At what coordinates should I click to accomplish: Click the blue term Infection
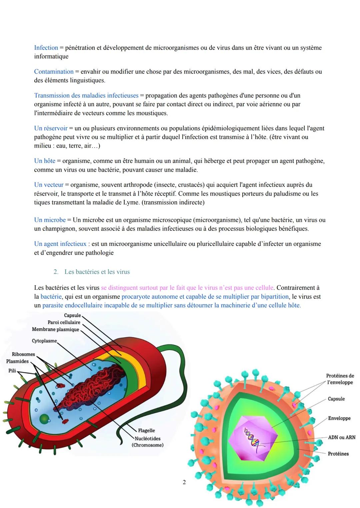pyautogui.click(x=46, y=48)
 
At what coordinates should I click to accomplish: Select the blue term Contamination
pyautogui.click(x=54, y=72)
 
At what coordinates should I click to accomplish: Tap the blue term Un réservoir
pyautogui.click(x=51, y=128)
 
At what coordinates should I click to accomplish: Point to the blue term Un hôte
pyautogui.click(x=45, y=161)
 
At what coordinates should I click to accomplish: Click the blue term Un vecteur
pyautogui.click(x=49, y=185)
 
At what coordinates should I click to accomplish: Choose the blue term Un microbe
pyautogui.click(x=50, y=220)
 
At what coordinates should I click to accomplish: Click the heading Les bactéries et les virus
pyautogui.click(x=97, y=272)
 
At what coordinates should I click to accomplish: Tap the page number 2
pyautogui.click(x=184, y=482)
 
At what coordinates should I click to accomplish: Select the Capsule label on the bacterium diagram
pyautogui.click(x=72, y=315)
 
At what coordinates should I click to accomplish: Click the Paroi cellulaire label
pyautogui.click(x=64, y=322)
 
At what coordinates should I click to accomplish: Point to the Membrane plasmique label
pyautogui.click(x=56, y=329)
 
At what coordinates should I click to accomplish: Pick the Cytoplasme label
pyautogui.click(x=44, y=341)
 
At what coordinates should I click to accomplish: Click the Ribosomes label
pyautogui.click(x=23, y=354)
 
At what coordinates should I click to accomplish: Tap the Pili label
pyautogui.click(x=12, y=370)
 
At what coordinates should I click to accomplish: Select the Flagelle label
pyautogui.click(x=146, y=430)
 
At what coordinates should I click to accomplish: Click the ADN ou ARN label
pyautogui.click(x=342, y=437)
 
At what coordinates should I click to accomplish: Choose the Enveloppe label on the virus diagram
pyautogui.click(x=339, y=418)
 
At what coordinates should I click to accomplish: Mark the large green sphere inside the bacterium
pyautogui.click(x=44, y=419)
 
